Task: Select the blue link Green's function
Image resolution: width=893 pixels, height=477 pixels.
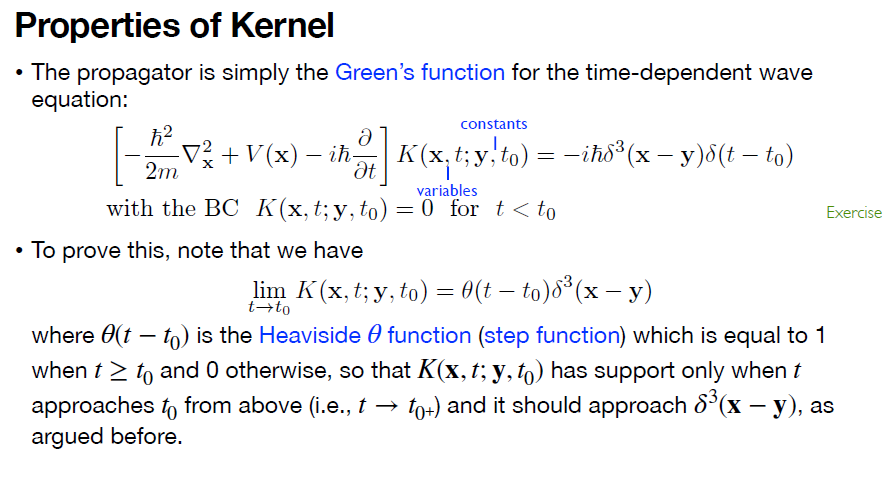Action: click(419, 73)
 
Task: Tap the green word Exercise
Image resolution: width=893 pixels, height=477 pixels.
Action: click(853, 212)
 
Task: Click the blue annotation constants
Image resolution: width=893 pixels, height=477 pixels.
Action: click(493, 124)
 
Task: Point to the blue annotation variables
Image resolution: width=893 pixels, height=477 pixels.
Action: click(447, 190)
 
